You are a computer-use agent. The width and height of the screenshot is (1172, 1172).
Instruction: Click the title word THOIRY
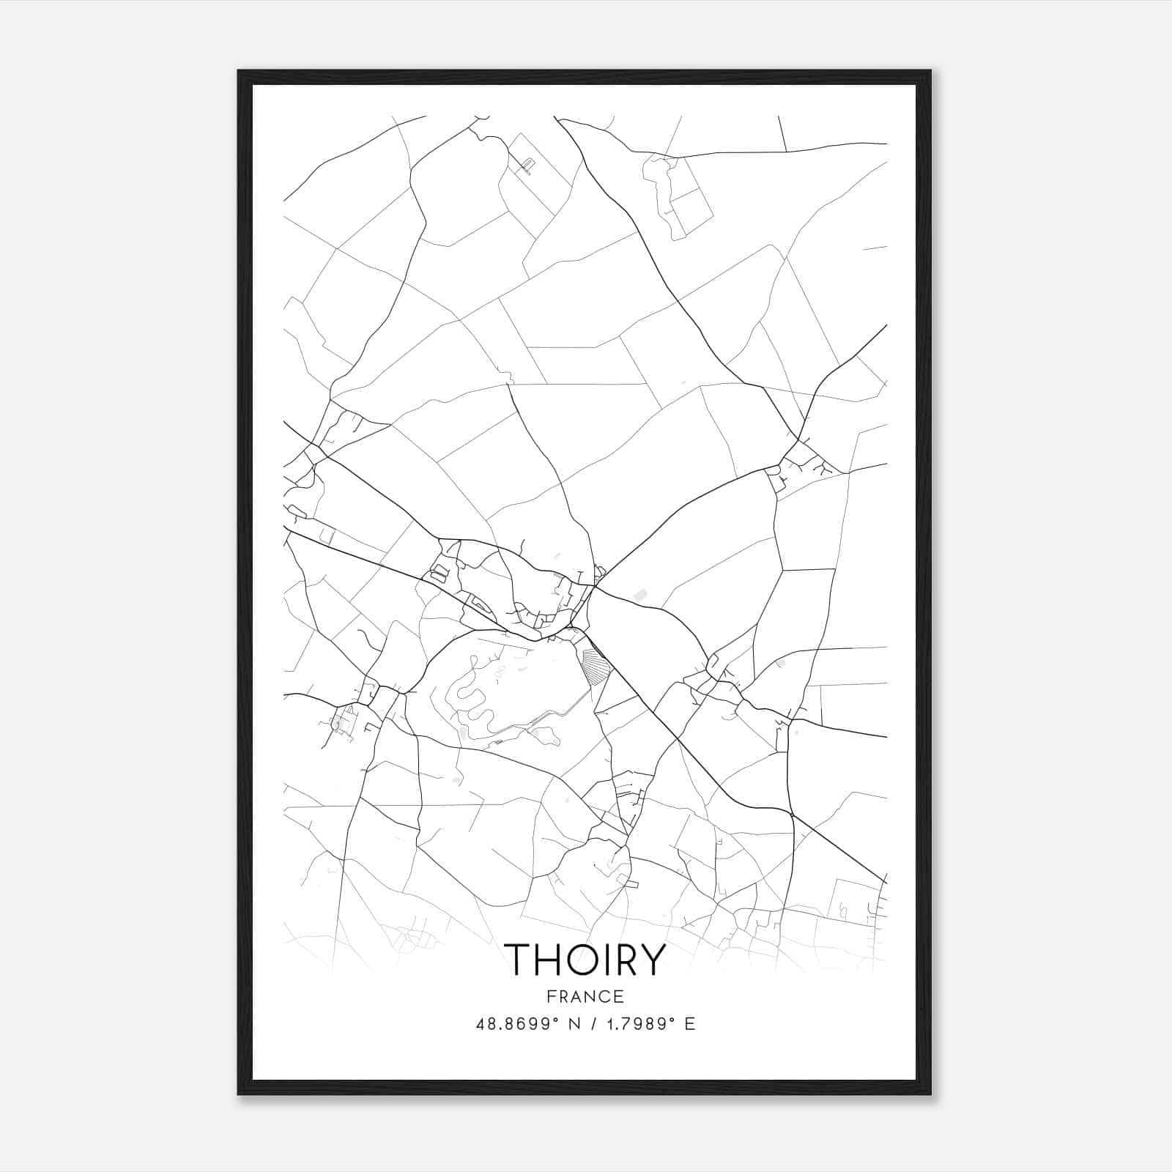click(585, 960)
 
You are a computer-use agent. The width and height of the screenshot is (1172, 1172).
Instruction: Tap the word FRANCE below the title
click(585, 997)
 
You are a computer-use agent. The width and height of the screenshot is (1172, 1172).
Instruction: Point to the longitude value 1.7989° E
click(648, 1024)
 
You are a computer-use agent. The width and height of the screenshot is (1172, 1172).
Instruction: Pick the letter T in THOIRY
click(520, 960)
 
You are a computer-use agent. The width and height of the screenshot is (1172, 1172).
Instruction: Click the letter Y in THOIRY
click(652, 960)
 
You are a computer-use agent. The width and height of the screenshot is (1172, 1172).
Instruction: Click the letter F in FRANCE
click(549, 997)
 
